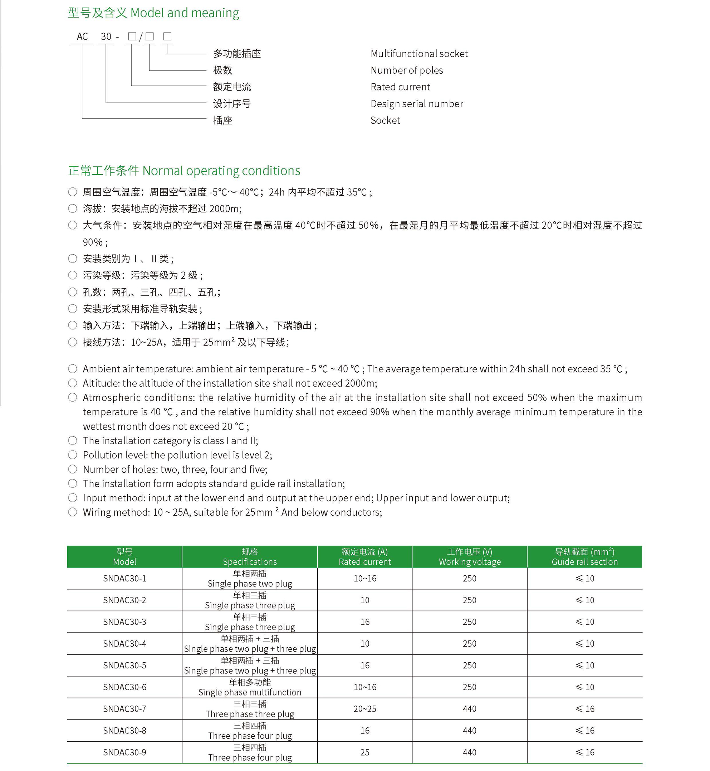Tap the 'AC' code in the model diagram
pos(82,36)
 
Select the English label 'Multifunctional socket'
pos(419,54)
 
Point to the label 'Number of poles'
pos(406,70)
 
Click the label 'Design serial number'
pos(416,104)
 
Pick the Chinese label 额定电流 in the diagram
pos(232,87)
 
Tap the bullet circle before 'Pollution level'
pos(73,455)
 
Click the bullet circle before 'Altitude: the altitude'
pos(73,383)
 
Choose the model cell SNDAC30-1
pos(124,579)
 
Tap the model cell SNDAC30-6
pos(124,687)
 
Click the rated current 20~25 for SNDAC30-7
pos(364,709)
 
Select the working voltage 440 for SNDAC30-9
pos(470,752)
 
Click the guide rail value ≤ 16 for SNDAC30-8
pos(584,731)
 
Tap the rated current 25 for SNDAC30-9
pos(364,752)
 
